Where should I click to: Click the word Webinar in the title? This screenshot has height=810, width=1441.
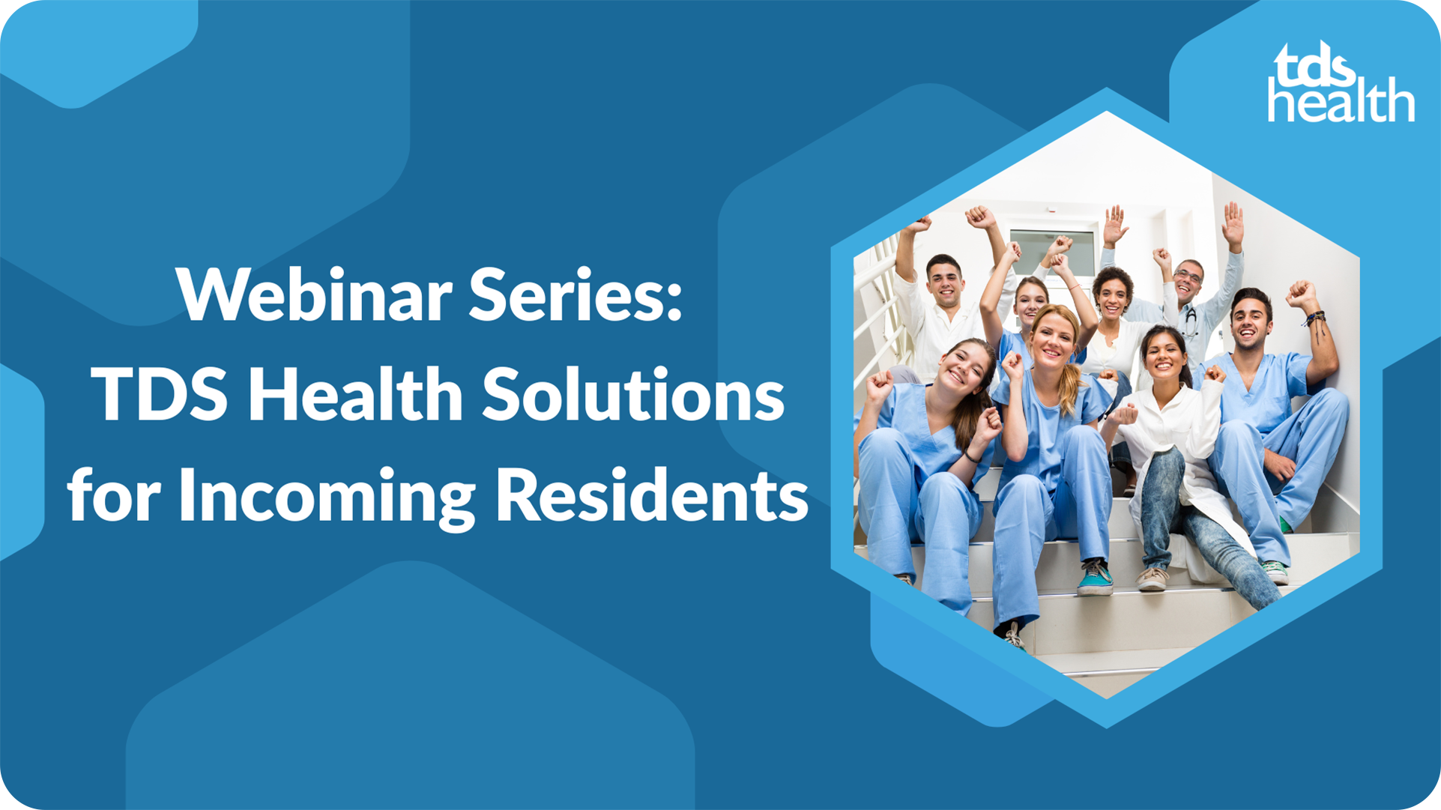click(x=315, y=294)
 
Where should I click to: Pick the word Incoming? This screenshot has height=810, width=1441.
click(x=327, y=497)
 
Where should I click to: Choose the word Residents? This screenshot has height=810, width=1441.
click(x=651, y=494)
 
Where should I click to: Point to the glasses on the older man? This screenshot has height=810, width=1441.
click(x=1188, y=278)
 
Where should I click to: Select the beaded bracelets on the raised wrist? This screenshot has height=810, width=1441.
click(x=1313, y=319)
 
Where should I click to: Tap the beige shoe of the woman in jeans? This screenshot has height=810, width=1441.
click(x=1152, y=578)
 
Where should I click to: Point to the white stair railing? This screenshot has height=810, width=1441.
click(x=878, y=315)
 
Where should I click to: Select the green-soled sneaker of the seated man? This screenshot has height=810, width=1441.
click(x=1275, y=572)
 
